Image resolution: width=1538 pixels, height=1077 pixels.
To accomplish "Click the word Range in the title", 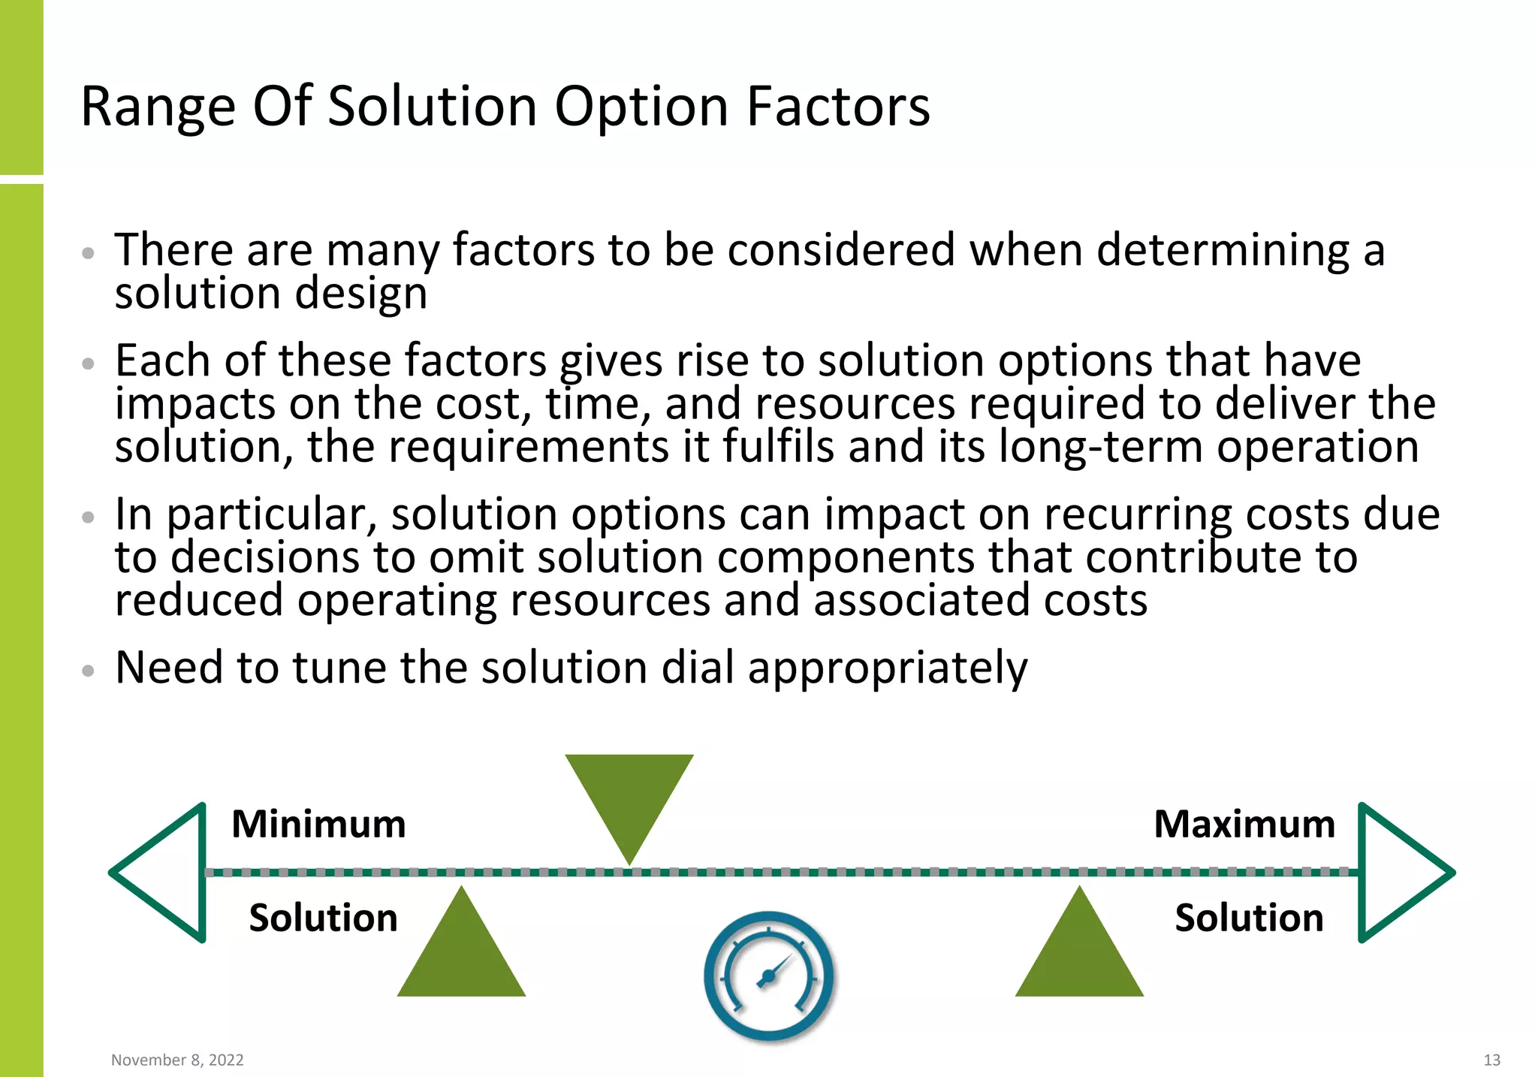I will [158, 107].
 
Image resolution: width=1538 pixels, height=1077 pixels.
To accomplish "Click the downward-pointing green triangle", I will [629, 796].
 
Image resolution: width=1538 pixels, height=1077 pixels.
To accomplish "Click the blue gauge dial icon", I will [768, 976].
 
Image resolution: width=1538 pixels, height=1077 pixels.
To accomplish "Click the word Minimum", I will [318, 824].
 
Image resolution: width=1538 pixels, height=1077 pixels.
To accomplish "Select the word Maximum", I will [1244, 824].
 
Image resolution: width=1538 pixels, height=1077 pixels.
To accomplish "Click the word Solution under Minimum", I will [323, 918].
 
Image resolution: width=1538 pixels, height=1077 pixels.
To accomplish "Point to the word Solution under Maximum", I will [1249, 918].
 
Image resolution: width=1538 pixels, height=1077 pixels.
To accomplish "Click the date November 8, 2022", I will [177, 1060].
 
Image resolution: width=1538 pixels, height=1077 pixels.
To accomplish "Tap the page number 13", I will [1491, 1060].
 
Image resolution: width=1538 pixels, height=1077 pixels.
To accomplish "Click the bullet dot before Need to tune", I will [89, 670].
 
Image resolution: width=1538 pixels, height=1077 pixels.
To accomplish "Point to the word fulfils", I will [778, 448].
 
